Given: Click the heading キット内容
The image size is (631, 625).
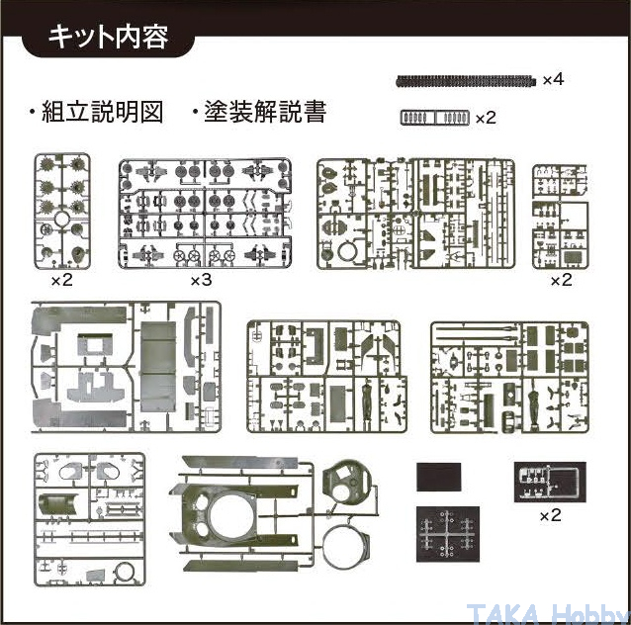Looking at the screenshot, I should point(109,37).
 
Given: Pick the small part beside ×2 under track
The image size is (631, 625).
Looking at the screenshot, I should point(433,117).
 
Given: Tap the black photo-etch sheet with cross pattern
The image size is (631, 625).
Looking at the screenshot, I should point(447,535).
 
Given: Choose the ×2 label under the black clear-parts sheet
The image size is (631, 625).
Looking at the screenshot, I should point(550,515).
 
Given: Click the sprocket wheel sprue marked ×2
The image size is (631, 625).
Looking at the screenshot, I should point(62,211).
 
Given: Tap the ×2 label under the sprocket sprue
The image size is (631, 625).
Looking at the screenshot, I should point(62,280).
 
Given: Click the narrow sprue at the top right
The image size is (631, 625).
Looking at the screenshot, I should point(560,216).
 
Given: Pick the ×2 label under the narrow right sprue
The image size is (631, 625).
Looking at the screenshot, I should point(560,280).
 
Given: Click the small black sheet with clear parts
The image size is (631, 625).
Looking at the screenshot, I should point(550,482).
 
